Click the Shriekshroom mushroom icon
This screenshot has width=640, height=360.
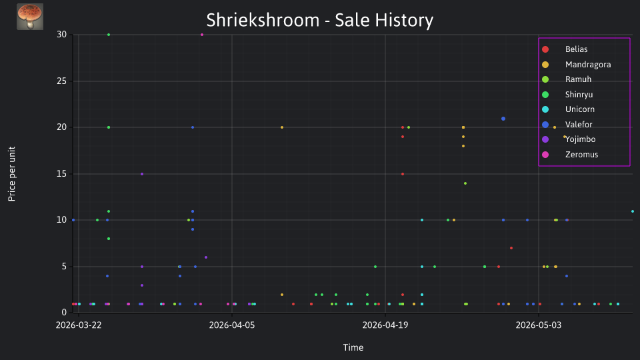coord(30,17)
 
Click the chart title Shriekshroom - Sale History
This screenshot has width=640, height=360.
coord(319,21)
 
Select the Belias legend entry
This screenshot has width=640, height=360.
coord(576,49)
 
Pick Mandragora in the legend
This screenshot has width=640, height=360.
coord(588,65)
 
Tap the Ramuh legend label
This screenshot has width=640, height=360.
coord(578,79)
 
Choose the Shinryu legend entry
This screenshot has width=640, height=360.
coord(579,95)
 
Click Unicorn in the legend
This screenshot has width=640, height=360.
coord(579,109)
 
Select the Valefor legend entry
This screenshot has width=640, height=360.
coord(579,125)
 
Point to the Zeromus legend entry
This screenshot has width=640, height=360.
coord(581,155)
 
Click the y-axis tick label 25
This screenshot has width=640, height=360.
coord(61,81)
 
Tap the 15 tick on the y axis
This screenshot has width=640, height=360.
coord(61,173)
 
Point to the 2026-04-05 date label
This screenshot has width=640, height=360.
coord(232,325)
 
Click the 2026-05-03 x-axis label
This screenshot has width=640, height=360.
coord(539,325)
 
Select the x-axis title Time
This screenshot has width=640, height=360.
coord(353,347)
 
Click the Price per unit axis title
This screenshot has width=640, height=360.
coord(12,174)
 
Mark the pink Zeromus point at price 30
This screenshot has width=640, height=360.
coord(202,35)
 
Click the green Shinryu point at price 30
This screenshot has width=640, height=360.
coord(109,35)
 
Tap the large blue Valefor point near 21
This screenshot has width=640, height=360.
coord(503,119)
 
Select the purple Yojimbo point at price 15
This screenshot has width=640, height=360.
coord(142,174)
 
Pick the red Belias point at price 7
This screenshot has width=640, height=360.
coord(511,248)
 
